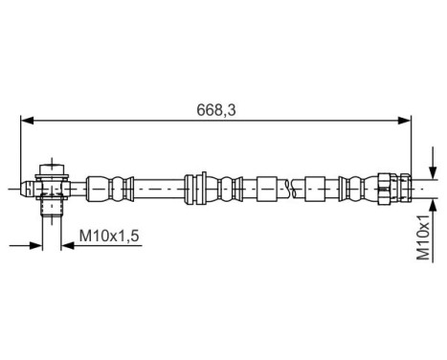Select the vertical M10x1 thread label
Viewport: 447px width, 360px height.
[423, 237]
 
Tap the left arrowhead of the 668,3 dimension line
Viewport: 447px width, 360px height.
[27, 120]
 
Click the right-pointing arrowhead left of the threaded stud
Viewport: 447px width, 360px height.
[38, 246]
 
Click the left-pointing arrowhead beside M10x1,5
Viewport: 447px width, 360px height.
[68, 246]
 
